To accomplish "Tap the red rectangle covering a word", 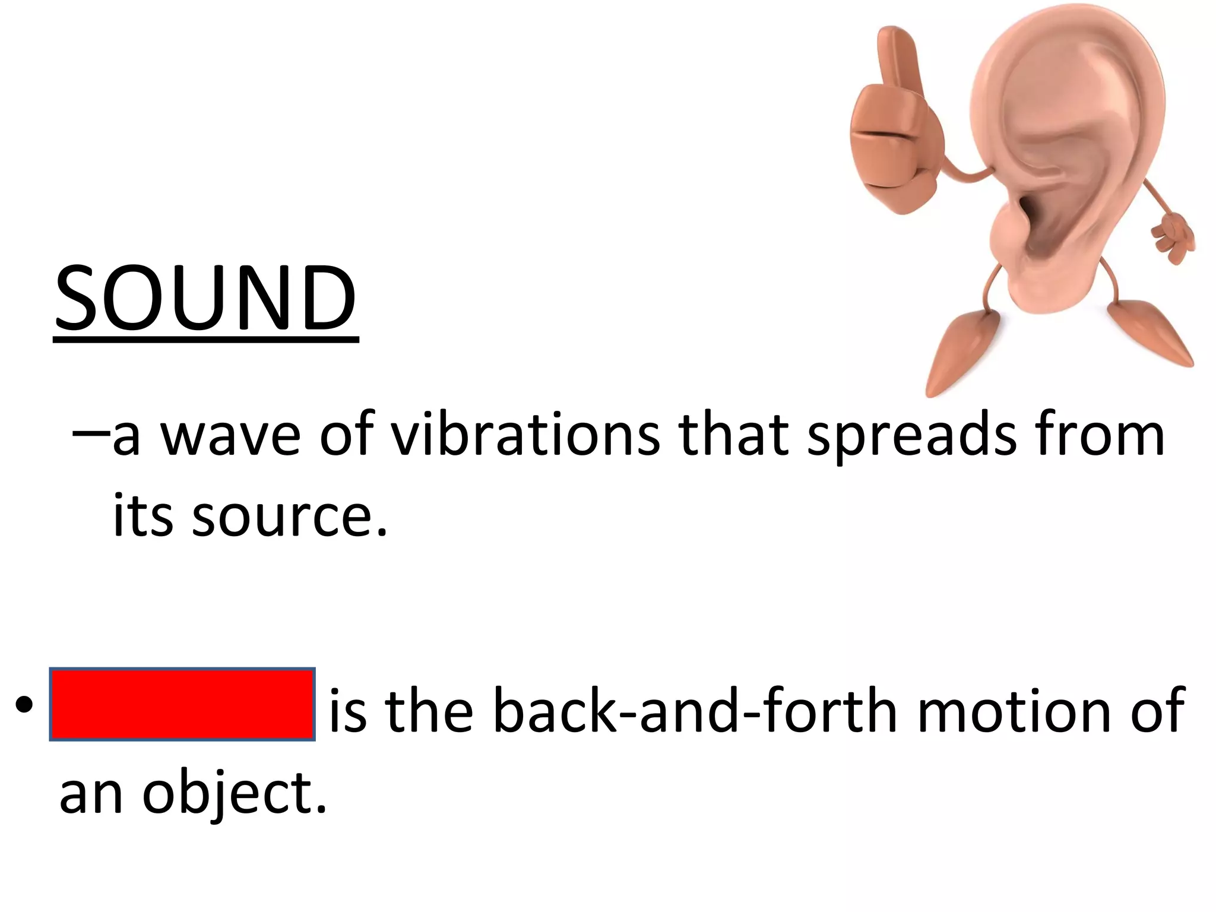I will [182, 704].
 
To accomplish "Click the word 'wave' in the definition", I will [231, 435].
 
